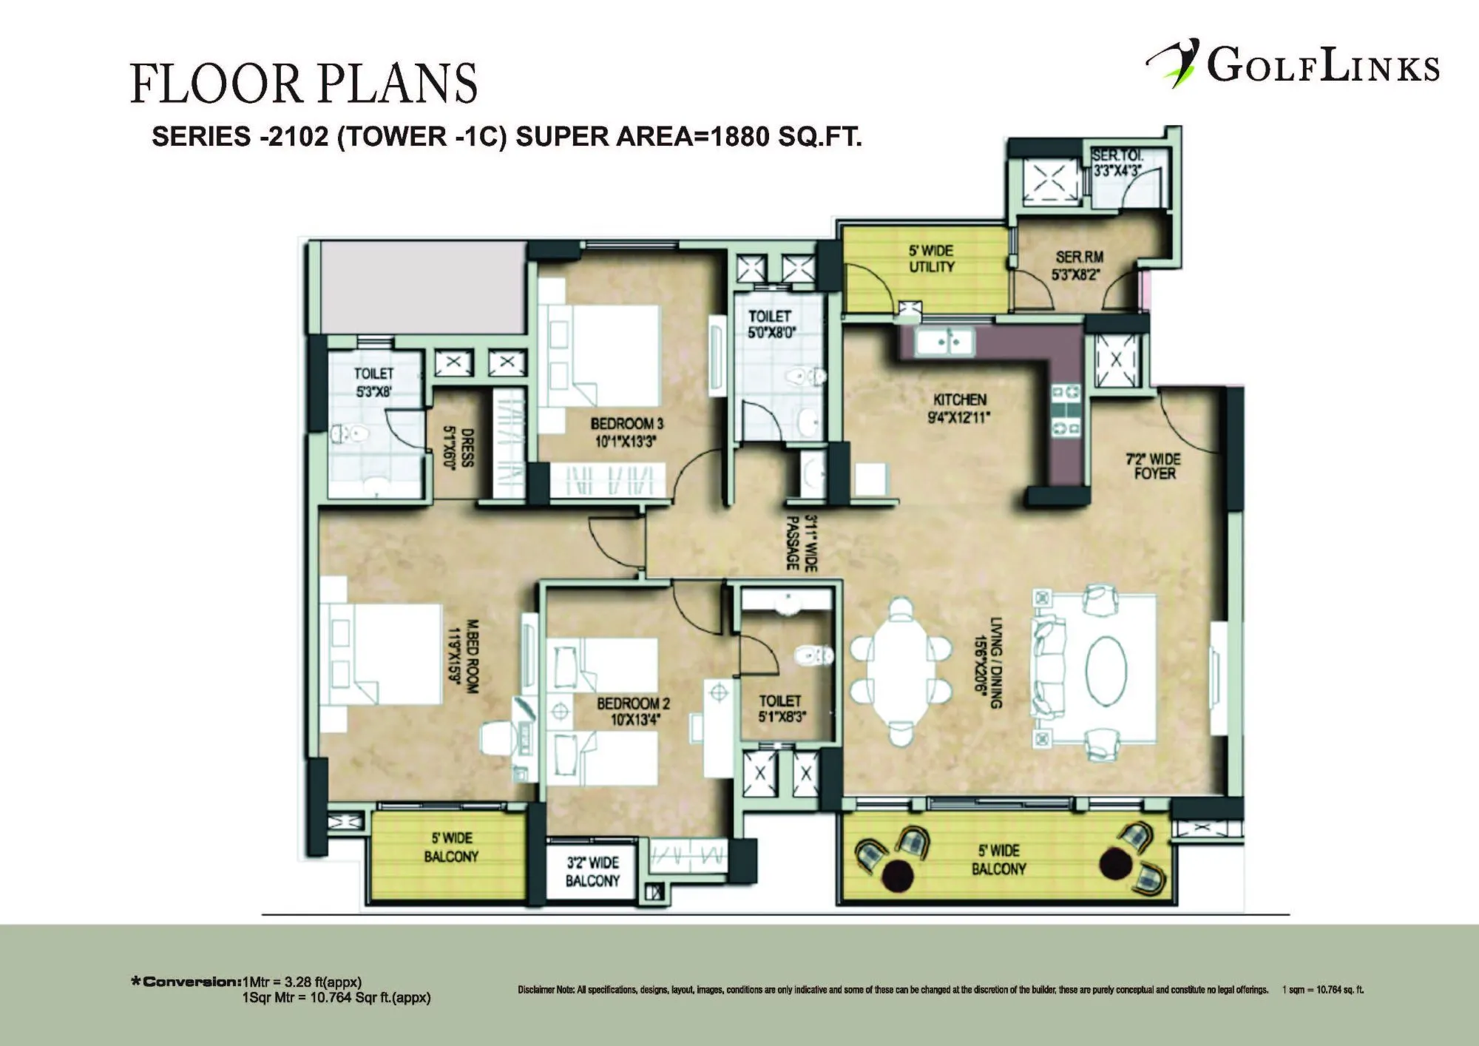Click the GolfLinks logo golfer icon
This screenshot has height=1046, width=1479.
1174,63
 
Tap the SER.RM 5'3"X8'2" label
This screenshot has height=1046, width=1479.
1079,266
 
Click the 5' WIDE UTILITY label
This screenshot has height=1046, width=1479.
931,258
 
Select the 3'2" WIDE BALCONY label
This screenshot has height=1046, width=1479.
592,871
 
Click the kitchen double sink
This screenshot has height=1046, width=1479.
944,342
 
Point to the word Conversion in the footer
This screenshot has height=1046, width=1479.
192,982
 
